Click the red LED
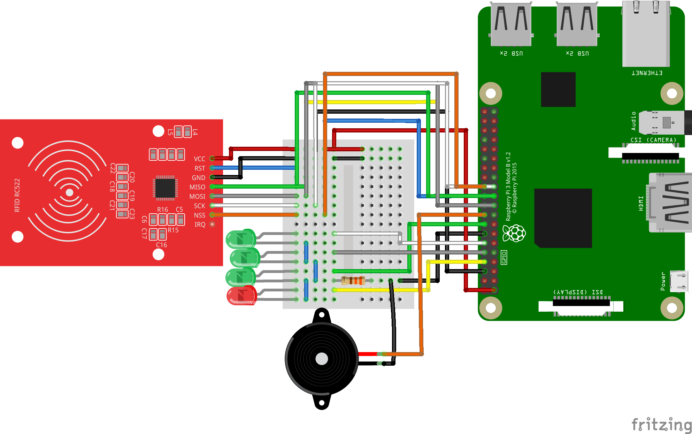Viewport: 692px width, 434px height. (x=241, y=296)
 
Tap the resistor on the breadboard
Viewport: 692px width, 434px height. (x=353, y=280)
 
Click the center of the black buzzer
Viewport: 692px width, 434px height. (x=322, y=359)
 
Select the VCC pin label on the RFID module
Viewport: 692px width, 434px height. (x=199, y=159)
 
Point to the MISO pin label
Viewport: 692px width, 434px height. (x=197, y=187)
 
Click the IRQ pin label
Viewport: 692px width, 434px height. (x=200, y=224)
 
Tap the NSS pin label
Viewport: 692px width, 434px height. (x=199, y=215)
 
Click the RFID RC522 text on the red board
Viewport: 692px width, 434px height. (x=17, y=195)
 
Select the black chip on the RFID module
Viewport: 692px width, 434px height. (x=165, y=188)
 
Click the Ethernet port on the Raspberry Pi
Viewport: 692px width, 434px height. (x=646, y=35)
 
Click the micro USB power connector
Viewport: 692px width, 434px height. (x=679, y=281)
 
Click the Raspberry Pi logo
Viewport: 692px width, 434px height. (x=514, y=233)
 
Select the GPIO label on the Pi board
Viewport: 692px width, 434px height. (x=504, y=258)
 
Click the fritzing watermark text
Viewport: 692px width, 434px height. (x=661, y=425)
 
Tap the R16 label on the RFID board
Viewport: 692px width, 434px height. (x=162, y=210)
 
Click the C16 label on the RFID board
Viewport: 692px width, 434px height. (x=161, y=245)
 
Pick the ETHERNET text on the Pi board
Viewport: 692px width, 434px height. (x=647, y=73)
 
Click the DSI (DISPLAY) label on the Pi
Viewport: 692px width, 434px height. (x=578, y=292)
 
